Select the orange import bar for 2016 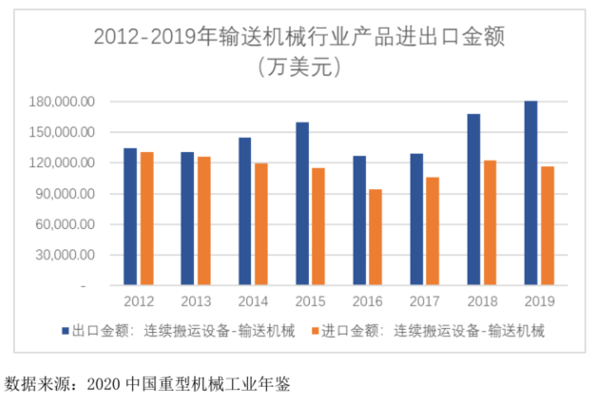pyautogui.click(x=375, y=237)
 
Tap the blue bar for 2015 pyautogui.click(x=302, y=203)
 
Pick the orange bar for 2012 pyautogui.click(x=146, y=219)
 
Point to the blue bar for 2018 pyautogui.click(x=473, y=200)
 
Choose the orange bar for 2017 pyautogui.click(x=432, y=231)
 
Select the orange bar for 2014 pyautogui.click(x=260, y=224)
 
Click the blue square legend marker pyautogui.click(x=66, y=331)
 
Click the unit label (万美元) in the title pyautogui.click(x=297, y=67)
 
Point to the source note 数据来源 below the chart pyautogui.click(x=147, y=385)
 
